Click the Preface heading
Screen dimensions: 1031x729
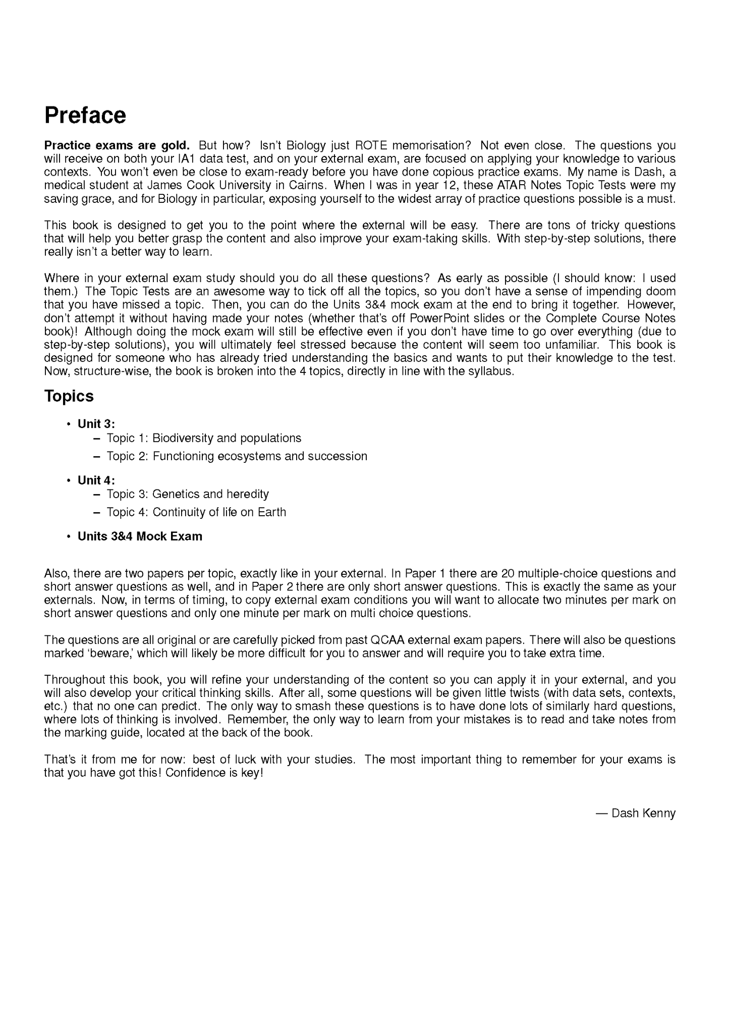tap(85, 115)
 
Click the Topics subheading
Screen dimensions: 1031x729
tap(69, 396)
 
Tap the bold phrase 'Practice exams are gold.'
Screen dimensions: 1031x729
tap(117, 146)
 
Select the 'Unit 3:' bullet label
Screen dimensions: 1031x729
tap(96, 424)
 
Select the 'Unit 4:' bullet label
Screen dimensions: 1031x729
tap(96, 480)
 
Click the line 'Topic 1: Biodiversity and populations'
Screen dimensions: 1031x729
tap(204, 438)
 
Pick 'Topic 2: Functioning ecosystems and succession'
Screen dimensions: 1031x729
tap(237, 456)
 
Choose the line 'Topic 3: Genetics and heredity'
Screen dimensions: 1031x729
tap(187, 494)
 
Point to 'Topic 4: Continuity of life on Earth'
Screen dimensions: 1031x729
tap(196, 512)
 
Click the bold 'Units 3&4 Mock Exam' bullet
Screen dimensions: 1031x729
tap(140, 536)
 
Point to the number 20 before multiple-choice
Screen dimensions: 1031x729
tap(508, 574)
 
